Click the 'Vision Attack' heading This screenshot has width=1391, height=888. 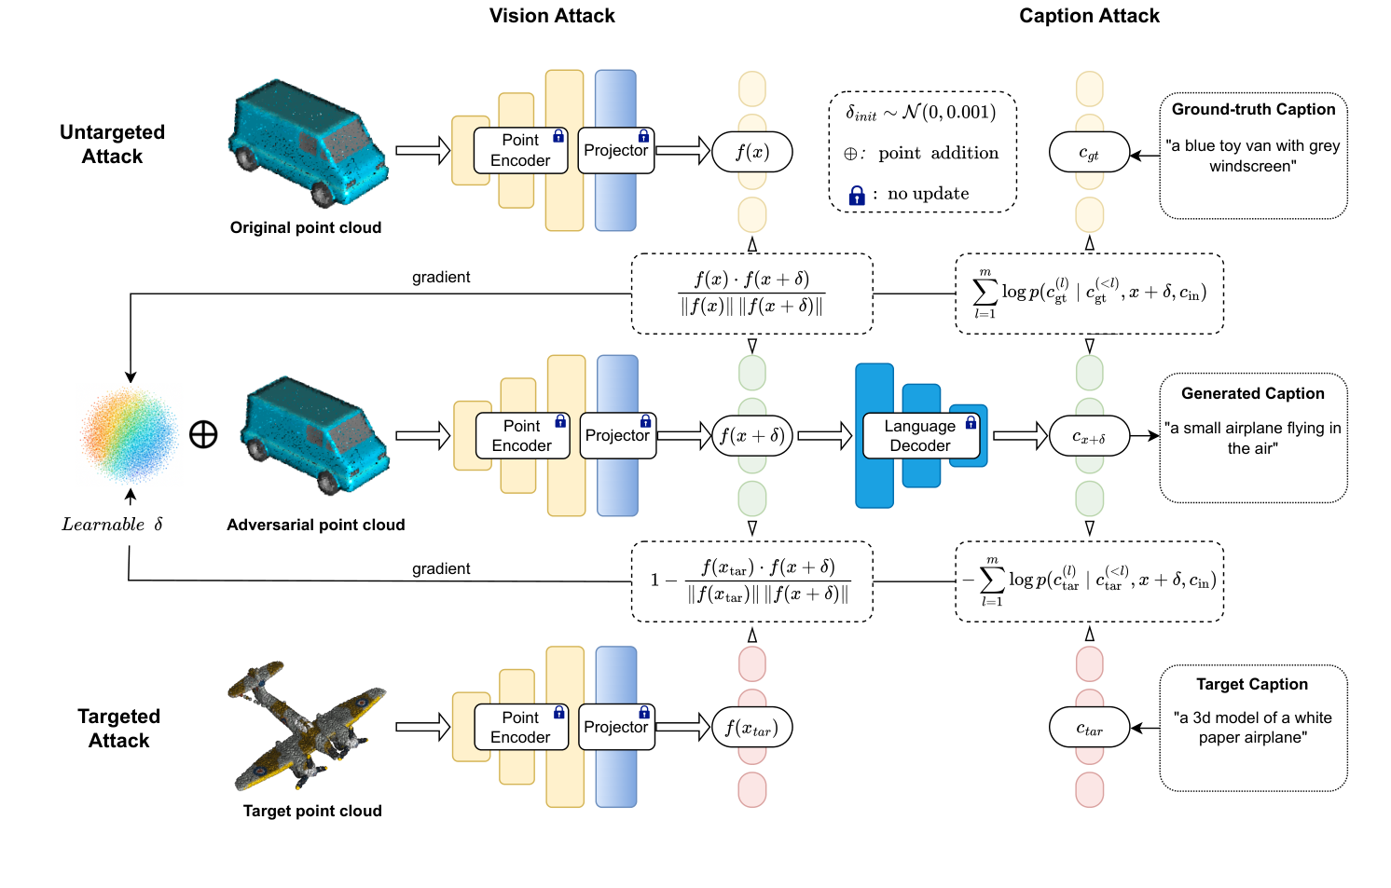point(552,16)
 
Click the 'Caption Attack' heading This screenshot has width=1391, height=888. point(1089,16)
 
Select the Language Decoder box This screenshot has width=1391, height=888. point(920,436)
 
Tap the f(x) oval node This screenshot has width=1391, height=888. point(751,152)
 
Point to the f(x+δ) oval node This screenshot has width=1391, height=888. point(751,435)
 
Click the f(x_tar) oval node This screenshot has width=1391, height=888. point(751,728)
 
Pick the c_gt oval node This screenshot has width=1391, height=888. point(1089,152)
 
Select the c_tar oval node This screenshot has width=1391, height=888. point(1089,728)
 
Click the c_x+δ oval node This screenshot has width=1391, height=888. point(1089,435)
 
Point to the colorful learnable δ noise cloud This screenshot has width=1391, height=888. point(130,434)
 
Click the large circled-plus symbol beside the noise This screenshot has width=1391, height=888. point(203,434)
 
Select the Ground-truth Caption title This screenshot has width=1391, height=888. point(1253,109)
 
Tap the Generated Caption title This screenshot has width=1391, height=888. point(1252,393)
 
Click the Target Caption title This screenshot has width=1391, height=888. point(1252,684)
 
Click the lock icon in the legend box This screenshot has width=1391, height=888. point(857,195)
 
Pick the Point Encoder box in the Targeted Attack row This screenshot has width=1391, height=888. point(520,728)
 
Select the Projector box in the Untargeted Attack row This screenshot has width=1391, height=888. point(615,151)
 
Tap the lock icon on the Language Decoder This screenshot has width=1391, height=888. point(971,423)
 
